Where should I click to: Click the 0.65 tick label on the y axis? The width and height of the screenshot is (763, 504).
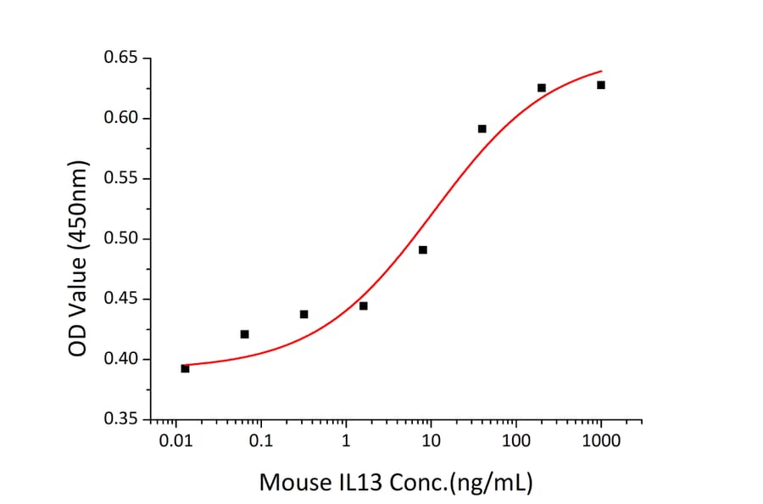[121, 59]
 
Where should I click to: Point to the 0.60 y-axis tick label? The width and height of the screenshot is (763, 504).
[121, 119]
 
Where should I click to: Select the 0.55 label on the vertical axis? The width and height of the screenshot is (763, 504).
[121, 179]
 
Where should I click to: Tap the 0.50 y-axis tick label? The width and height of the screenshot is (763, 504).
[121, 239]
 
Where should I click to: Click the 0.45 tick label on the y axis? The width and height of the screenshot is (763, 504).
[121, 300]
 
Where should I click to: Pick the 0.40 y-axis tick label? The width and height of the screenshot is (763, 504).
[121, 360]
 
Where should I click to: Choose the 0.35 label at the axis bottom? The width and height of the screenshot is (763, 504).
[121, 420]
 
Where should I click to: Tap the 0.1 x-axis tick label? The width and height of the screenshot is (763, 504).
[261, 442]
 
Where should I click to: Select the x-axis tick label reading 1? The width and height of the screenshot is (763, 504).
[346, 442]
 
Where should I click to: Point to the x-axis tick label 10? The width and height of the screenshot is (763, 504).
[431, 442]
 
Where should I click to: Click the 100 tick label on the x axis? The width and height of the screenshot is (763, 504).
[515, 442]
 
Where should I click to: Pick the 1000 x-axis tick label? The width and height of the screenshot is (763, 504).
[600, 442]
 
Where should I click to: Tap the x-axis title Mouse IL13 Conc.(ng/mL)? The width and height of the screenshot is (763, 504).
[396, 483]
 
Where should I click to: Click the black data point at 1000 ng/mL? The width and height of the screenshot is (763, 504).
[601, 85]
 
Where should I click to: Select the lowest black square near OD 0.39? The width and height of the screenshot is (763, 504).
[185, 368]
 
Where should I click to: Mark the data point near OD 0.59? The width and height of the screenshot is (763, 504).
[482, 129]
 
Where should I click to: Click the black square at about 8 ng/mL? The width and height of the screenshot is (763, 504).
[423, 249]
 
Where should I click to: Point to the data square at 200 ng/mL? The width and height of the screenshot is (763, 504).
[542, 87]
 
